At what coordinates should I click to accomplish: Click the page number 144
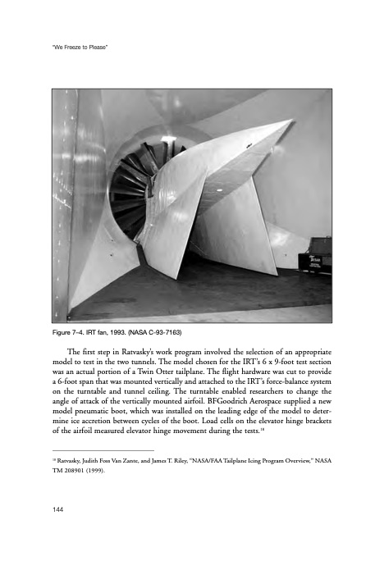pos(58,509)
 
